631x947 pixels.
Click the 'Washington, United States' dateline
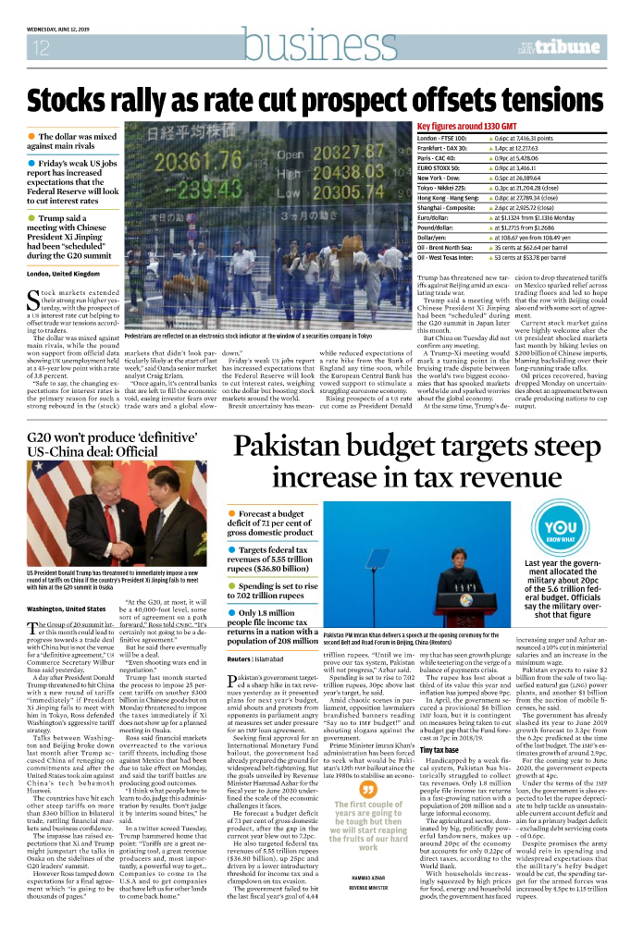coord(67,609)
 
